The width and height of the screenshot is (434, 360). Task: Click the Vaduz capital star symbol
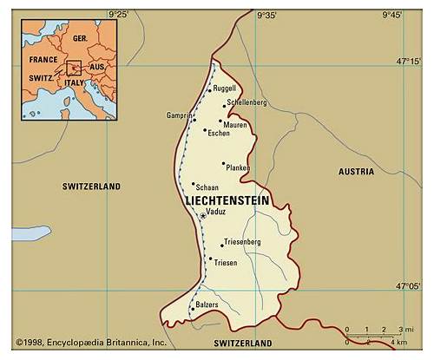coord(202,215)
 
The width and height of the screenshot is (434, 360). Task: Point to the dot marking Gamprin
coord(194,120)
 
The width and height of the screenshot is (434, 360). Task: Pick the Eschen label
coord(218,134)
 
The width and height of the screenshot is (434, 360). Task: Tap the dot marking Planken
coord(223,163)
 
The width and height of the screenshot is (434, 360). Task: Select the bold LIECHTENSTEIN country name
coord(227,200)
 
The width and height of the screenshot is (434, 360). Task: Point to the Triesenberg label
coord(242,240)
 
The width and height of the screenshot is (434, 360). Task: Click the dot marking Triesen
coord(210,258)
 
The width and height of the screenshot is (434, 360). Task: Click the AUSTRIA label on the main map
coord(356,172)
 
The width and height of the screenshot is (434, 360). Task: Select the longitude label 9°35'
coord(266,15)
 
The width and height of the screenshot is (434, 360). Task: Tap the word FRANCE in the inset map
coord(43,60)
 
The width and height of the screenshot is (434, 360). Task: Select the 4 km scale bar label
coord(400,344)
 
